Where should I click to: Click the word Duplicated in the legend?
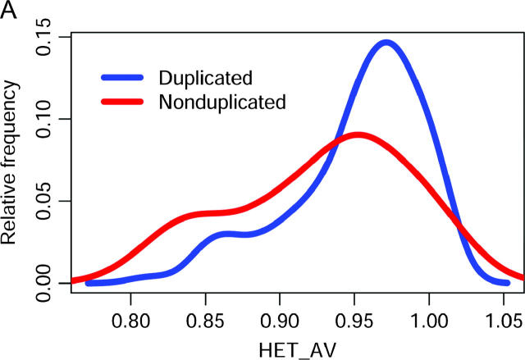click(x=205, y=78)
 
